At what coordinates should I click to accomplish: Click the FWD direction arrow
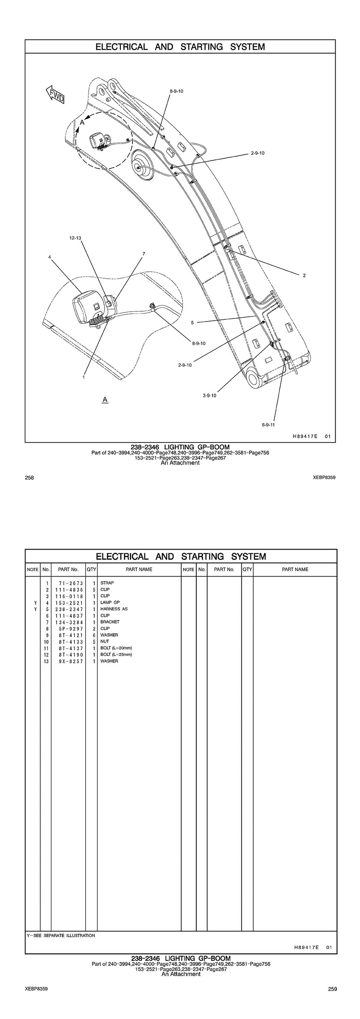pos(55,95)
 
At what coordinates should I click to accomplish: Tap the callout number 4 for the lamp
pos(50,257)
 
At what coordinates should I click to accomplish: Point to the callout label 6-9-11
pos(268,425)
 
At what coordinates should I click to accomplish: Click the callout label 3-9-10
pos(210,395)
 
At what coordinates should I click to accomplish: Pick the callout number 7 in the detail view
pos(144,253)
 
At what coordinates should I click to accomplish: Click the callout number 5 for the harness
pos(192,322)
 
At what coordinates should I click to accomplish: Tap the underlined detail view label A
pos(105,400)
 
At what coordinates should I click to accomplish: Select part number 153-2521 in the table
pos(69,602)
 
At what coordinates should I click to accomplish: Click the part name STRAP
pos(107,583)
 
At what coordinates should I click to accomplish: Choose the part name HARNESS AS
pos(114,609)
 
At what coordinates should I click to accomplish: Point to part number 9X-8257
pos(69,661)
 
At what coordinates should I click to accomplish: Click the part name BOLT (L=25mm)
pos(116,655)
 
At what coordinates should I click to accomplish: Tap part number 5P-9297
pos(69,628)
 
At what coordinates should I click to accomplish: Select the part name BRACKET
pos(110,622)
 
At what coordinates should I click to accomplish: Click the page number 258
pos(30,477)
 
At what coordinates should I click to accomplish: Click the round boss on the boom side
pos(141,167)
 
